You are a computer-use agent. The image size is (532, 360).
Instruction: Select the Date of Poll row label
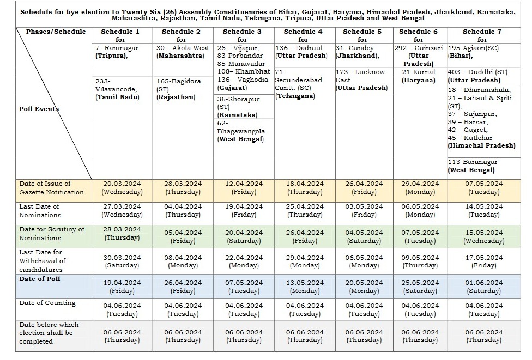(x=40, y=279)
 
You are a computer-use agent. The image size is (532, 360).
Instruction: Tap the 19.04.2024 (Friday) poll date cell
(x=122, y=287)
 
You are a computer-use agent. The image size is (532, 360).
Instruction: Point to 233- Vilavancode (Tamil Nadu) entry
(x=117, y=89)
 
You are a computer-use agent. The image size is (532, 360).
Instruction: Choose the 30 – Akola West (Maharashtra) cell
(x=183, y=52)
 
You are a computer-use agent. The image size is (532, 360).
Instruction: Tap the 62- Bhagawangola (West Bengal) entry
(x=242, y=131)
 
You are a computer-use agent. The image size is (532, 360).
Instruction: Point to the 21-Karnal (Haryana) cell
(x=419, y=76)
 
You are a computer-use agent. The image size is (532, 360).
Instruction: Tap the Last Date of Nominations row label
(x=40, y=211)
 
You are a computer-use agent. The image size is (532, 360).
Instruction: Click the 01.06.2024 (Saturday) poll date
(x=482, y=287)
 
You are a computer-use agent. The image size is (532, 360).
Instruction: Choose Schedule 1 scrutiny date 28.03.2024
(x=122, y=234)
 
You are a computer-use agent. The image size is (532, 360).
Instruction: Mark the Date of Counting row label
(x=47, y=303)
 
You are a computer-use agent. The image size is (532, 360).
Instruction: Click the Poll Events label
(x=39, y=108)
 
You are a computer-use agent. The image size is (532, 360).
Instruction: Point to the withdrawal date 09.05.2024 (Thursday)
(x=420, y=261)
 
